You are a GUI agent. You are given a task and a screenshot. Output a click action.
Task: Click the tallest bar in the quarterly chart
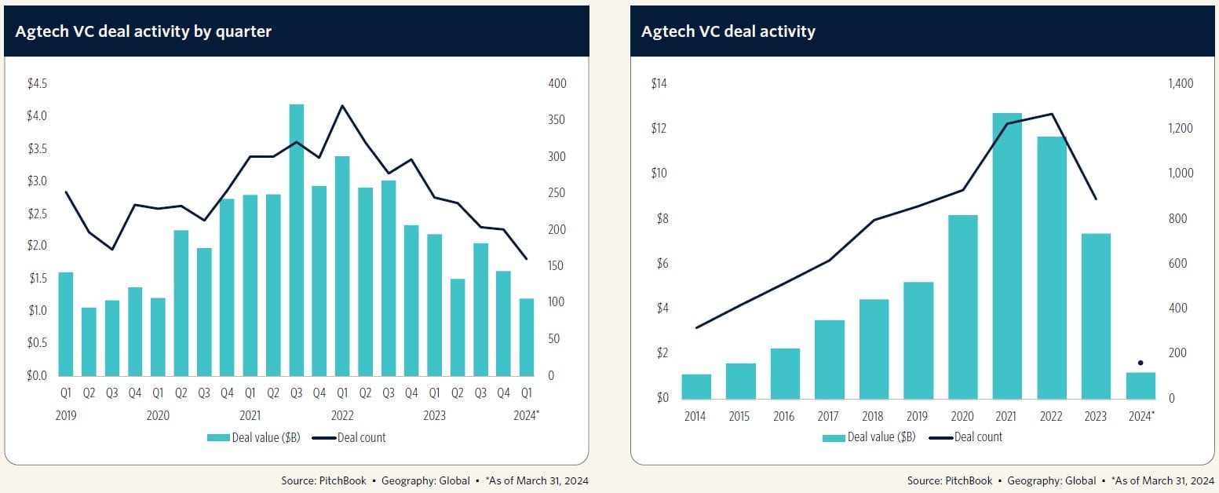pyautogui.click(x=297, y=239)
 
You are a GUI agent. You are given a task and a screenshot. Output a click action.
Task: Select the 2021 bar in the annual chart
pyautogui.click(x=1007, y=255)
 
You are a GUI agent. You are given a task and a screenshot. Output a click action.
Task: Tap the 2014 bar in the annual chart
pyautogui.click(x=696, y=386)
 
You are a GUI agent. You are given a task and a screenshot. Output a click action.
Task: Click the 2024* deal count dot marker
pyautogui.click(x=1140, y=363)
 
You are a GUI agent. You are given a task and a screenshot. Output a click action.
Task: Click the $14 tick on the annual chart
pyautogui.click(x=659, y=84)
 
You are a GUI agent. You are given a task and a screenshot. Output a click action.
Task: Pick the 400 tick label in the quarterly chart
pyautogui.click(x=557, y=84)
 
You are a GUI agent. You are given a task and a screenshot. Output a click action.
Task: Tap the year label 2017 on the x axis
pyautogui.click(x=829, y=416)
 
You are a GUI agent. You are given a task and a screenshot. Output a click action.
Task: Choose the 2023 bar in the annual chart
pyautogui.click(x=1096, y=316)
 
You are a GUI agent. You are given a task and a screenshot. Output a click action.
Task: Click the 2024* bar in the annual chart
pyautogui.click(x=1140, y=385)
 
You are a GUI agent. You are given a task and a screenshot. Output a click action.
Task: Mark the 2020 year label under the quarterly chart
pyautogui.click(x=158, y=416)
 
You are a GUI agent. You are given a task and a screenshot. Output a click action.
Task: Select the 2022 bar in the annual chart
pyautogui.click(x=1051, y=267)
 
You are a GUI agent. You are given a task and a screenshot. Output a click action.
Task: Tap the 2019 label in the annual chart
pyautogui.click(x=918, y=416)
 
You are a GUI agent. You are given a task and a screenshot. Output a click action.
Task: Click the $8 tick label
pyautogui.click(x=661, y=219)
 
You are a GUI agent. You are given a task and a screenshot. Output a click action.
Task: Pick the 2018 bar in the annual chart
pyautogui.click(x=874, y=349)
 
